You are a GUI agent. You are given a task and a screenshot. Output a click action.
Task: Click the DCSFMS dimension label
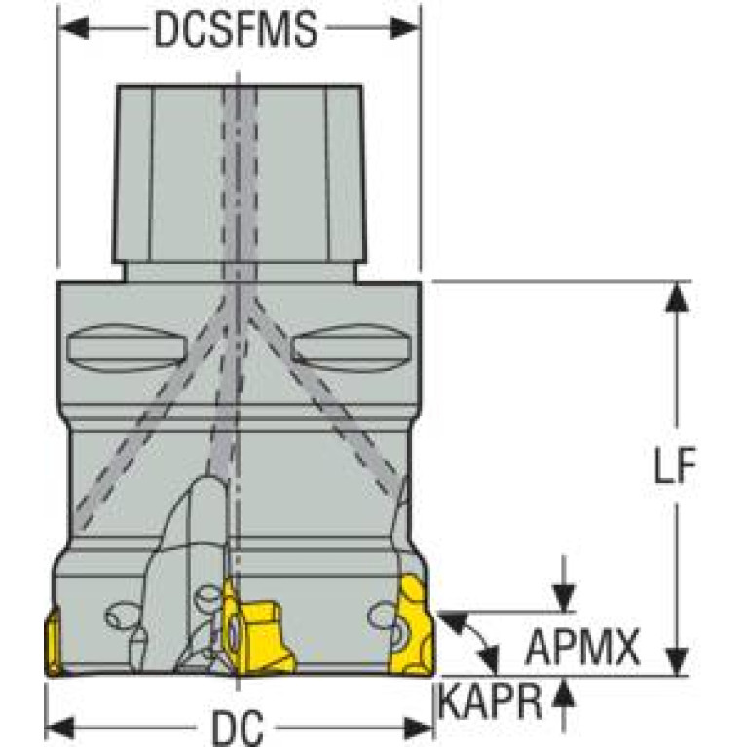236,28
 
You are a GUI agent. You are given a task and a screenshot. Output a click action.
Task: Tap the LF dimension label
675,465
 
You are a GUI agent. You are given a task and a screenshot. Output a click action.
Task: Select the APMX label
582,647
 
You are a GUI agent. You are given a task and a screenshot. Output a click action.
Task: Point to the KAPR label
490,700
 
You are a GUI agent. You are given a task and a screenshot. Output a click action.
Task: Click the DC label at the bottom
238,728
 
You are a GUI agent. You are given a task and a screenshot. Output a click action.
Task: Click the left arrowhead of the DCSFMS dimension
73,27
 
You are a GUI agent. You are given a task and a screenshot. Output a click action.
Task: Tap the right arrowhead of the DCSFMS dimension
405,27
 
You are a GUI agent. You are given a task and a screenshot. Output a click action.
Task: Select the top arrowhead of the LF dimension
677,297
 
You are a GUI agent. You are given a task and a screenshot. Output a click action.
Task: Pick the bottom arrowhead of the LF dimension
677,661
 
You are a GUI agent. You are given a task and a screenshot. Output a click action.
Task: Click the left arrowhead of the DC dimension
60,728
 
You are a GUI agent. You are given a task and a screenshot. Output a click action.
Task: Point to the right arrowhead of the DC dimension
418,728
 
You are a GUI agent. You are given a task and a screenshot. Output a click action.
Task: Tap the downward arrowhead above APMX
564,597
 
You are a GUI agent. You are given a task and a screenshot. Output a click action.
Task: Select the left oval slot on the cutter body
126,348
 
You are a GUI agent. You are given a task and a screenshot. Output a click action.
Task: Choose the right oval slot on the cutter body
352,348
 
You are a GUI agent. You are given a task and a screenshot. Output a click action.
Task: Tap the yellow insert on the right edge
413,625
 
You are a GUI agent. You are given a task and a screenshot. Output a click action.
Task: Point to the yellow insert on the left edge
53,641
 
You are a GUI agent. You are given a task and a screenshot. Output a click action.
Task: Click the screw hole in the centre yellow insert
233,634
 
